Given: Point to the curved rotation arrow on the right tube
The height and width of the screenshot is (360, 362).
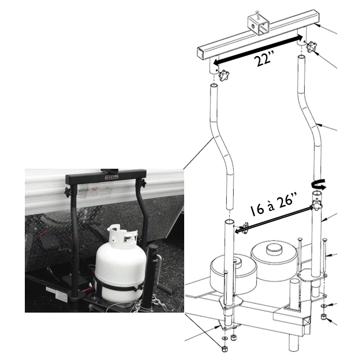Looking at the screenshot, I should pos(318,184).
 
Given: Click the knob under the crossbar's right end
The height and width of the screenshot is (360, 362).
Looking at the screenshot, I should pos(312,46).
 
